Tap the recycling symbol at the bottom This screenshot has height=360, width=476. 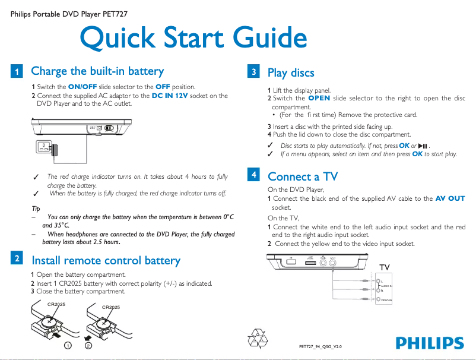click(x=259, y=339)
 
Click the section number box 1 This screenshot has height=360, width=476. click(x=17, y=72)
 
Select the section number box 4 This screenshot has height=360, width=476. click(x=253, y=175)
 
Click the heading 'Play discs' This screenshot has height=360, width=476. click(x=291, y=73)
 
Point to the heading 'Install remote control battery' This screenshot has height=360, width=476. click(x=106, y=260)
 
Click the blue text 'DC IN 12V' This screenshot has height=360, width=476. click(x=172, y=96)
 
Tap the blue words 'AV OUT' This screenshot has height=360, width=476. click(x=450, y=198)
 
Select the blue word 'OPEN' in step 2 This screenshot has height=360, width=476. click(x=319, y=98)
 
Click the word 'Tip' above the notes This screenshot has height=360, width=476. click(x=36, y=209)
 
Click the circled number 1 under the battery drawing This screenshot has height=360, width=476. click(x=69, y=345)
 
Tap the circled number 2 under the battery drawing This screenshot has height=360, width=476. click(x=88, y=345)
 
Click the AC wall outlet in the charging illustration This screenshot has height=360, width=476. click(x=42, y=147)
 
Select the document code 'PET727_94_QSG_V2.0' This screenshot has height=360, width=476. click(x=320, y=346)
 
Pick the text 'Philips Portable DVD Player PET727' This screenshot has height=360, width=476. click(x=69, y=13)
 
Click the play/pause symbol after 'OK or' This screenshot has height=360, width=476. click(x=423, y=146)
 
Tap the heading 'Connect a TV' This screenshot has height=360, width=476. click(x=303, y=176)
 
